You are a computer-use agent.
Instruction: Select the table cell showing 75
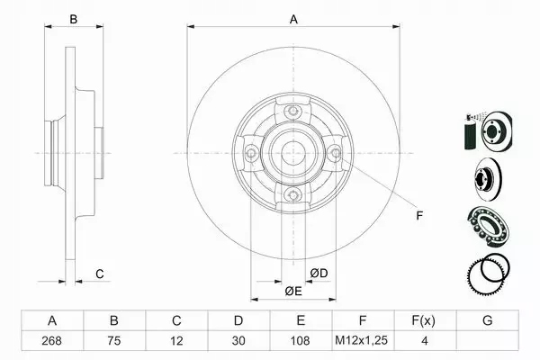(x=114, y=341)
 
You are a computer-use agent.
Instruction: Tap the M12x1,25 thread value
(x=363, y=341)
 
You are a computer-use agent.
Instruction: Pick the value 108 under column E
(x=301, y=341)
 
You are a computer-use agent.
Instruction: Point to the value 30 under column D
(x=238, y=341)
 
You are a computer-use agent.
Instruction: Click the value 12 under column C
(x=176, y=341)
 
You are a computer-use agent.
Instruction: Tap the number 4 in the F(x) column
(x=424, y=341)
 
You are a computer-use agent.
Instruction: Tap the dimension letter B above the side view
(x=75, y=19)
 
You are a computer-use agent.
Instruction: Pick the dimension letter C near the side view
(x=101, y=273)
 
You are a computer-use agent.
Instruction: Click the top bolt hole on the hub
(x=292, y=111)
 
